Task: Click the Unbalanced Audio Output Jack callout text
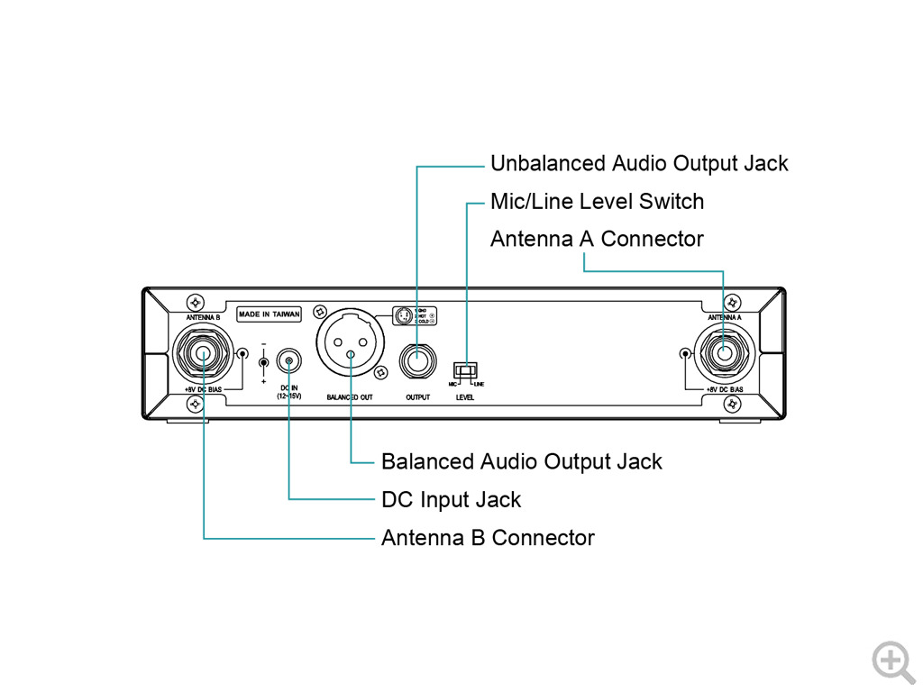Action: click(638, 163)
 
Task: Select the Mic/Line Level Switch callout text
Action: click(597, 201)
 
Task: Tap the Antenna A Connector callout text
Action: click(596, 239)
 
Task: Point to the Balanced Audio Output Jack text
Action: click(521, 461)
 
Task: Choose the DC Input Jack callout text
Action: click(451, 499)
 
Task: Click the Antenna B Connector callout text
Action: click(488, 538)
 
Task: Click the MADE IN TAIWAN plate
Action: click(269, 314)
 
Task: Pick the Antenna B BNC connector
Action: click(204, 353)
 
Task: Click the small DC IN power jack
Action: click(288, 362)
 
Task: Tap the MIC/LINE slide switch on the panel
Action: click(465, 370)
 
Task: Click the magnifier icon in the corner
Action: click(892, 660)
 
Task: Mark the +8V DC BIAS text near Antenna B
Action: click(204, 389)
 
